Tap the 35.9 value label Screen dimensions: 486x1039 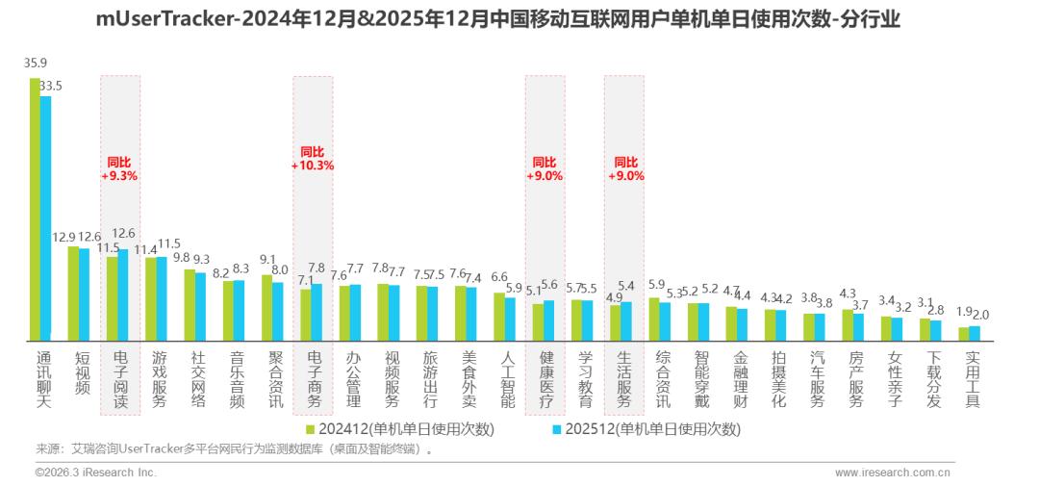[x=36, y=64]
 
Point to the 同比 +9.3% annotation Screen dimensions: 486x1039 [x=119, y=169]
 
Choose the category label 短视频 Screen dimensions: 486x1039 [x=82, y=373]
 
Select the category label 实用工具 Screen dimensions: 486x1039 [x=972, y=379]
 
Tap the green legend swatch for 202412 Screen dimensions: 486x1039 [x=311, y=429]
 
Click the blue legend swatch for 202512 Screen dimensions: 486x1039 [x=557, y=429]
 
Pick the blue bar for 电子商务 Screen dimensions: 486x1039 [x=317, y=313]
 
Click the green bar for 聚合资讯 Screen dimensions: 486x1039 [x=266, y=308]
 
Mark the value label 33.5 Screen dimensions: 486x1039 [x=50, y=86]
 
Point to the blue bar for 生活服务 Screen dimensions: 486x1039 [x=626, y=321]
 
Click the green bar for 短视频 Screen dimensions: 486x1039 [x=73, y=294]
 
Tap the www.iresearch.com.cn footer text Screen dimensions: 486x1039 [x=894, y=473]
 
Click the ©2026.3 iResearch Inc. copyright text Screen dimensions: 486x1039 [x=95, y=473]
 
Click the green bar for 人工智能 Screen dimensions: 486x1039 [x=499, y=317]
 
